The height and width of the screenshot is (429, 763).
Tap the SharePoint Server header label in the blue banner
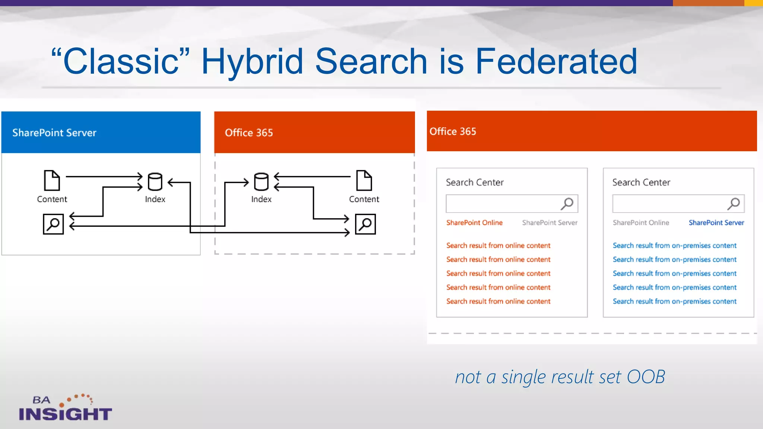pos(54,133)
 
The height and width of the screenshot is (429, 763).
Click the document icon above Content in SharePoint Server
pos(52,181)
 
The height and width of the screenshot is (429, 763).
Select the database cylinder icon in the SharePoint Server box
pos(155,182)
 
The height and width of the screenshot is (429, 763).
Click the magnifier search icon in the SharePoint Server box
pos(53,224)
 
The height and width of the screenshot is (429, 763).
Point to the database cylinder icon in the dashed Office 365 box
pos(261,182)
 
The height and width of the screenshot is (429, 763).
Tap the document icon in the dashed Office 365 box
pos(364,181)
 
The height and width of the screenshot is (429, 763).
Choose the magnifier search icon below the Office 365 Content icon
pos(365,224)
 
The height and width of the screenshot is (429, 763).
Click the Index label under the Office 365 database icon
pos(261,199)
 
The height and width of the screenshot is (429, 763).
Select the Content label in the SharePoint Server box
pos(52,199)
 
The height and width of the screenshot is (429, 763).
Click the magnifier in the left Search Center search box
pos(567,203)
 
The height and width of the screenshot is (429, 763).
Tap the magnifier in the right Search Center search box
pos(734,203)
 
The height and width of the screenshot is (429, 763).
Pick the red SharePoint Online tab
pos(474,223)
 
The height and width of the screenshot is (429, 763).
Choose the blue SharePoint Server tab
pos(716,223)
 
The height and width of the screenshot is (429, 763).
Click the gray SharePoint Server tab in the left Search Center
pos(550,223)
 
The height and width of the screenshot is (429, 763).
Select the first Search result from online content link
pos(498,245)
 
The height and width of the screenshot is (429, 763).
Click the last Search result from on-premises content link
pos(674,301)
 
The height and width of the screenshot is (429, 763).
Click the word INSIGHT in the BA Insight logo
pos(66,414)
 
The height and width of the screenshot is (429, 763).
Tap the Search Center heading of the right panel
pos(641,182)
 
